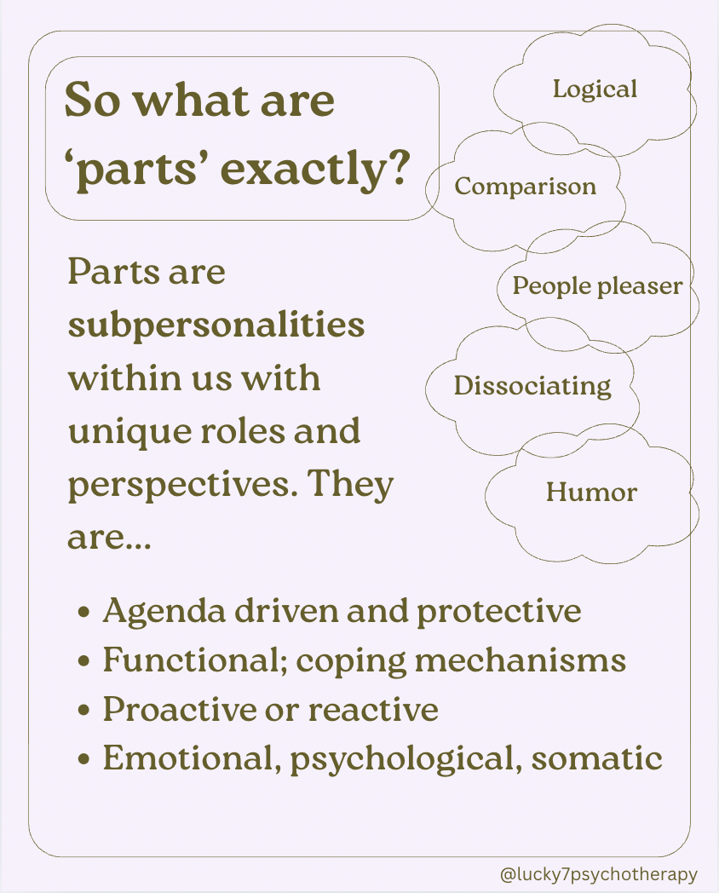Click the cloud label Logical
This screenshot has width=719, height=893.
click(x=595, y=89)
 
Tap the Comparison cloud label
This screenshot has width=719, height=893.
click(x=525, y=187)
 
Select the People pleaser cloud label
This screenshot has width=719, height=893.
click(x=597, y=285)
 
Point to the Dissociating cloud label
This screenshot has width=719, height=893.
click(x=532, y=386)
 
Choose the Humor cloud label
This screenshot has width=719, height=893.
click(x=591, y=492)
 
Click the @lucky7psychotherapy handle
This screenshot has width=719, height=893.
click(x=599, y=874)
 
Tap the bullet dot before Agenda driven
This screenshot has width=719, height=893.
click(x=83, y=613)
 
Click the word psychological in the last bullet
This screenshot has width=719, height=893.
click(x=406, y=759)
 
